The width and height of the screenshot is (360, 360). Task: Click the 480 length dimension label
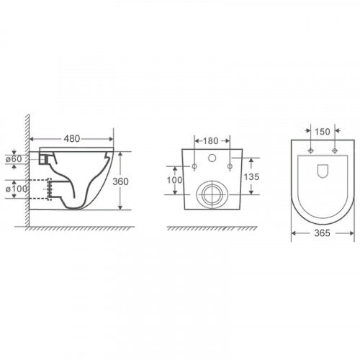[72, 138]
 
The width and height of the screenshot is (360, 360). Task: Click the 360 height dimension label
[120, 181]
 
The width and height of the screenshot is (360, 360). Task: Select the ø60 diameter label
[14, 159]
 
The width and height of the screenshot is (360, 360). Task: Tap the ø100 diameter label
[16, 189]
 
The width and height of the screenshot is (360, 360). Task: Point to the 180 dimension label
[211, 141]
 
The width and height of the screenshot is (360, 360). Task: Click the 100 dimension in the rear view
[174, 180]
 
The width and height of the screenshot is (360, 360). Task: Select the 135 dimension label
[251, 177]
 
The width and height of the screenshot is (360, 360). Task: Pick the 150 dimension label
[323, 132]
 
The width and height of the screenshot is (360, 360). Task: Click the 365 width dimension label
[322, 233]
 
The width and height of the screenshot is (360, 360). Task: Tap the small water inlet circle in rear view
[212, 158]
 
